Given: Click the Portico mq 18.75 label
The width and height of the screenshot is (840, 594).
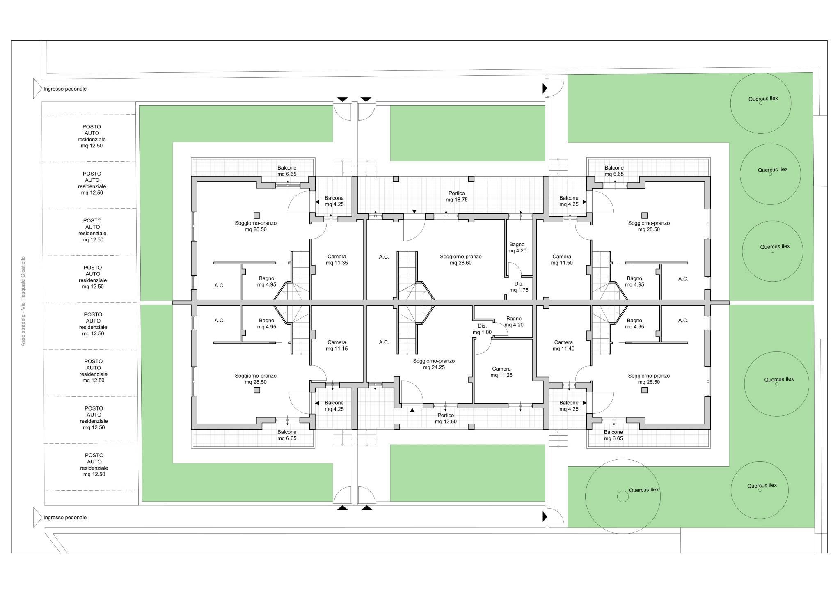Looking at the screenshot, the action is [x=457, y=196].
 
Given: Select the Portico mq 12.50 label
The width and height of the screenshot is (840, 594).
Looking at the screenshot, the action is [x=446, y=418].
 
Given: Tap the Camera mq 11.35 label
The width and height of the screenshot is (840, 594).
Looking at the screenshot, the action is [x=337, y=260].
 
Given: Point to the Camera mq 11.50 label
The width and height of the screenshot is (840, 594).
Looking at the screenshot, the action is [x=562, y=260].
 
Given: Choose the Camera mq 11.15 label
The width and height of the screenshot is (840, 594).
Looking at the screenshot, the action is [x=337, y=346].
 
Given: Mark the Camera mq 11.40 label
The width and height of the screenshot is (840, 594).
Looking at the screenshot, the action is [x=563, y=346].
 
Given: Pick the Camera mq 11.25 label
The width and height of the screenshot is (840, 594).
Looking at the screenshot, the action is [x=501, y=372].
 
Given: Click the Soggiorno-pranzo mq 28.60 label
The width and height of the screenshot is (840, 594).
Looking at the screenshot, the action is [x=461, y=260].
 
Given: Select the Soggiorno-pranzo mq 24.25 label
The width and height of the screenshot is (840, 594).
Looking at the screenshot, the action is [x=434, y=364].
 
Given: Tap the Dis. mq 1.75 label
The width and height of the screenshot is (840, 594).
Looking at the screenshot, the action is [x=519, y=287].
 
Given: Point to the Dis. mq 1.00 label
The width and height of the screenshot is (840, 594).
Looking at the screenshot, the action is [x=482, y=329].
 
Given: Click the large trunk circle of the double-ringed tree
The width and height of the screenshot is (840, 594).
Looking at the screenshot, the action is [x=623, y=497].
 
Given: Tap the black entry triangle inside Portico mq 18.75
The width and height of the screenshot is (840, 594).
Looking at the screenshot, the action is [x=414, y=212].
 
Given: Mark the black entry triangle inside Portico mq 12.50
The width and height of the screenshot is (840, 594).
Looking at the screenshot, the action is [x=412, y=409].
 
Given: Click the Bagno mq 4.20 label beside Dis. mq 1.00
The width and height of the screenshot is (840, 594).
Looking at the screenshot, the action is [x=514, y=321].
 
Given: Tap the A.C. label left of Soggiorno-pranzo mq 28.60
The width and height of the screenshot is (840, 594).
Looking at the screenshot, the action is [x=384, y=257].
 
